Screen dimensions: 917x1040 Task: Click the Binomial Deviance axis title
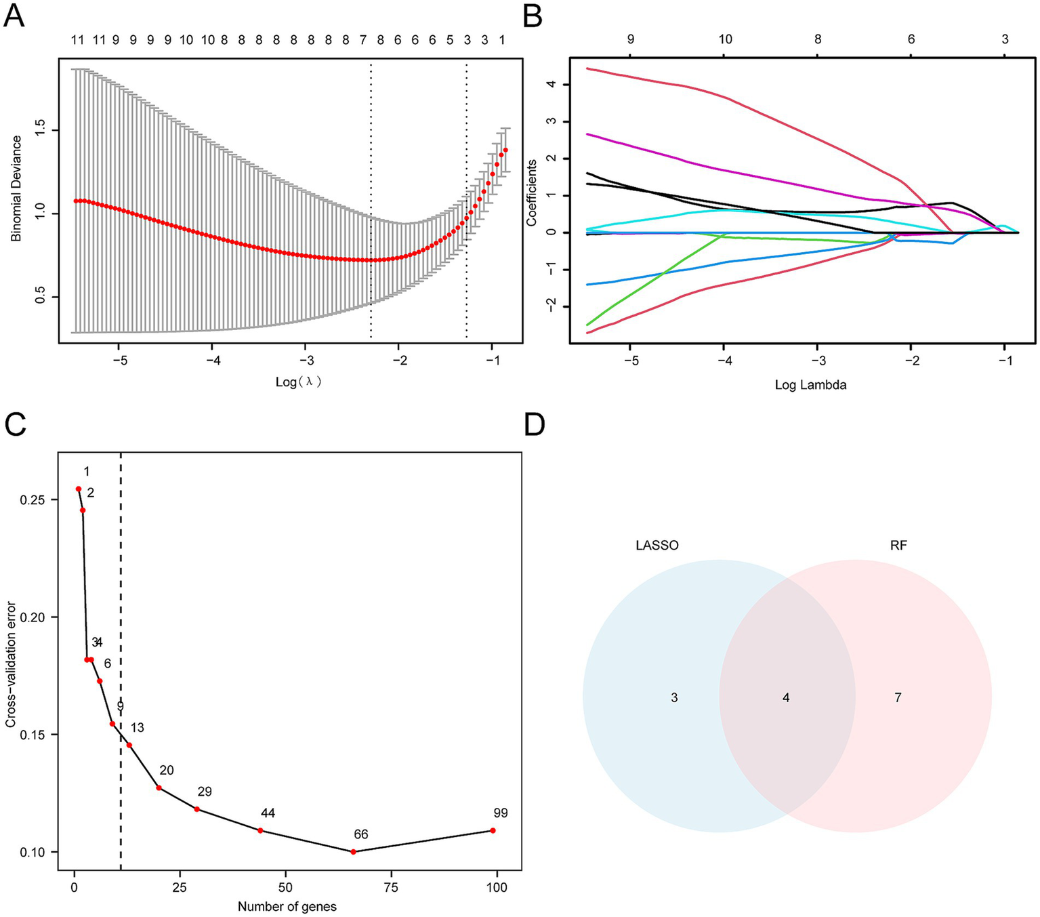click(16, 188)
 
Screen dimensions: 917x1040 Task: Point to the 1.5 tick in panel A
click(41, 130)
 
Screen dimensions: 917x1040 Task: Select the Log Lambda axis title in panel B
click(810, 385)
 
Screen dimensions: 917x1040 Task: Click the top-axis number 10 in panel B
click(725, 39)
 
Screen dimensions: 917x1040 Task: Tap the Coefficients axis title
click(532, 193)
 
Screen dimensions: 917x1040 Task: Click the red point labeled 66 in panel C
click(354, 851)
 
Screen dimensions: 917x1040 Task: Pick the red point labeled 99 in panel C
click(493, 830)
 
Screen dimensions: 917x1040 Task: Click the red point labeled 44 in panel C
click(260, 830)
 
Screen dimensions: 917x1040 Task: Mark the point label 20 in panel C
click(167, 770)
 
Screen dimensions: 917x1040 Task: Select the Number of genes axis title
click(287, 906)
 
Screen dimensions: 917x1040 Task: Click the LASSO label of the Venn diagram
click(657, 545)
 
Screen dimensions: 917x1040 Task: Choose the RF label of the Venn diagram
click(898, 545)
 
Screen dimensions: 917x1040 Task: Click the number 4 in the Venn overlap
click(786, 697)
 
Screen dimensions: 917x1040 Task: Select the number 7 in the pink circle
click(898, 697)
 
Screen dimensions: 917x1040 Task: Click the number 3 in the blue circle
click(674, 697)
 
